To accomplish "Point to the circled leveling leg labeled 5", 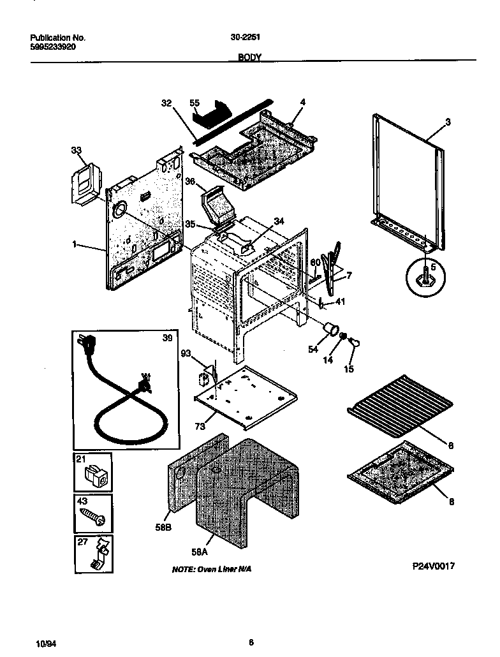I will [x=425, y=278].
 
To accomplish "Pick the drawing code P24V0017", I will [x=433, y=566].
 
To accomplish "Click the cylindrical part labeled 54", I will [x=330, y=329].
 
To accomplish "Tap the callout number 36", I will [x=189, y=182].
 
